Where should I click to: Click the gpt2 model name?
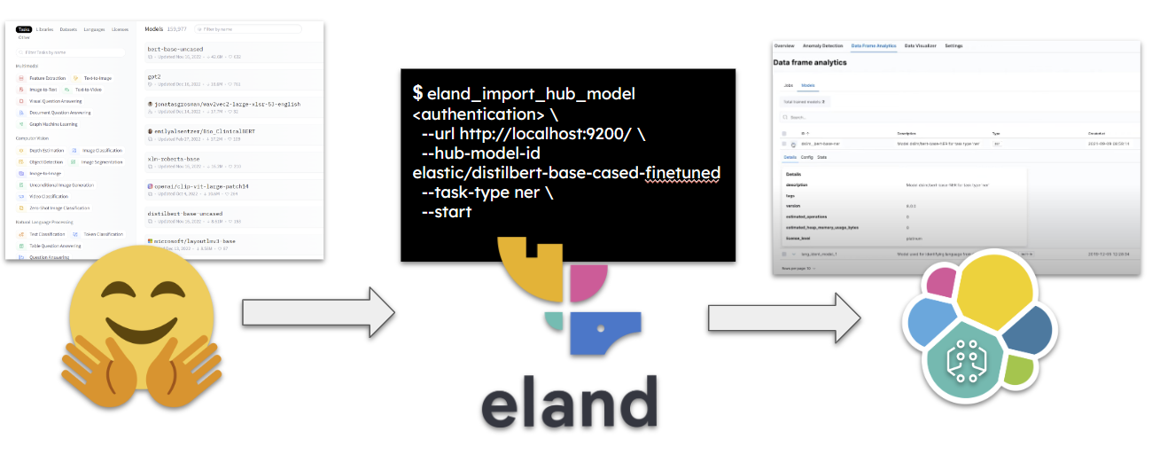coord(153,77)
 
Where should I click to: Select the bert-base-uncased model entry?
coord(175,49)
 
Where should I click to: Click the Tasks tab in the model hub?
coord(24,29)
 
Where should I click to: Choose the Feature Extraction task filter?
coord(46,78)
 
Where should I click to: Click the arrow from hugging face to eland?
coord(318,312)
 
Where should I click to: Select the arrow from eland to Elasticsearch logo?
coord(783,315)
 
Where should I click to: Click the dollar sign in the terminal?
coord(417,93)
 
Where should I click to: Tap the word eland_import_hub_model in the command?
coord(531,94)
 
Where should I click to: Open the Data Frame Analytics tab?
coord(874,45)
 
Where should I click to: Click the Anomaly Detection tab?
coord(822,45)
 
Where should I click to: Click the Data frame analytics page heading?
coord(810,63)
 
